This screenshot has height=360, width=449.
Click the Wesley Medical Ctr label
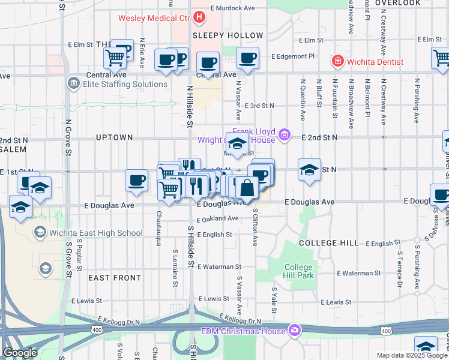pos(154,19)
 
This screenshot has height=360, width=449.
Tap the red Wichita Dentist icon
pos(338,62)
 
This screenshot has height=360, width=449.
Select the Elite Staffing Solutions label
pos(125,84)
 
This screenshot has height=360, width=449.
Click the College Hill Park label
pos(298,271)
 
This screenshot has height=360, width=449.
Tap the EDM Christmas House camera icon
pos(295,331)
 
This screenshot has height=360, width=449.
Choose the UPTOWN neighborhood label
pos(114,137)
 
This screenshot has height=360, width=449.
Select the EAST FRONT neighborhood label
pos(115,278)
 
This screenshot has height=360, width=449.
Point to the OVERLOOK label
pos(398,3)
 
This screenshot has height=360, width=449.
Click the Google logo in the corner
pos(19,353)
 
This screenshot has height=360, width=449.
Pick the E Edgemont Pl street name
pos(293,56)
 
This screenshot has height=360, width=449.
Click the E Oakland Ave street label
pos(218,218)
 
